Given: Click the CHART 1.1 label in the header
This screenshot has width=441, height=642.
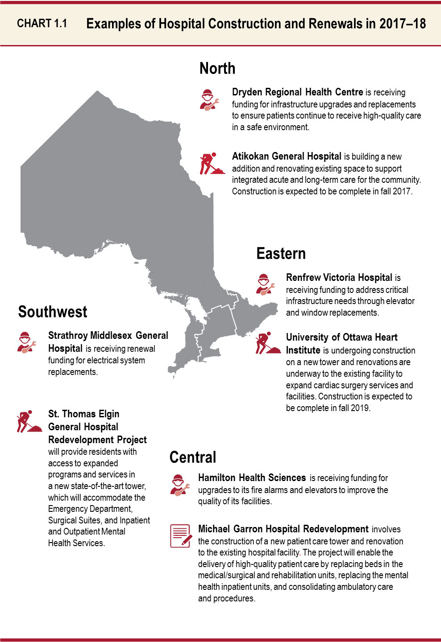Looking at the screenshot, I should [42, 24].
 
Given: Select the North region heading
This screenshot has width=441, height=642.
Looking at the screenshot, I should [217, 68].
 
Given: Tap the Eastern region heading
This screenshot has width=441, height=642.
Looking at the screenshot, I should [281, 254].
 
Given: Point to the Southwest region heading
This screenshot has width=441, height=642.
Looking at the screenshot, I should [53, 312].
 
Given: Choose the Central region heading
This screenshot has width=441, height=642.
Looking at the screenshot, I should [193, 457].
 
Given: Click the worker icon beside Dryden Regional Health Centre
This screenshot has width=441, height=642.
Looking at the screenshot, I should [208, 100].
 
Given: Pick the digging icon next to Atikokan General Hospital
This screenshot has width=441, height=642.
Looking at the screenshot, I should [211, 164].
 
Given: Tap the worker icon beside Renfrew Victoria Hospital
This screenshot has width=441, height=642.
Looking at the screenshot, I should [265, 284].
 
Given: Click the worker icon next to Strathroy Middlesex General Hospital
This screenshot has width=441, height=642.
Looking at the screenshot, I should [26, 342].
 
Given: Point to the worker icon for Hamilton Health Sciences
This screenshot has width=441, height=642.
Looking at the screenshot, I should [179, 485].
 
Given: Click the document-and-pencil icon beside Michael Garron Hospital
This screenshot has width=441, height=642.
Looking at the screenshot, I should [181, 536].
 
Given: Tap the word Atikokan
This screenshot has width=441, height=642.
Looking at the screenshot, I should [250, 156].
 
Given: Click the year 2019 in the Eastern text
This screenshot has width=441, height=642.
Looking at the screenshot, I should [360, 408].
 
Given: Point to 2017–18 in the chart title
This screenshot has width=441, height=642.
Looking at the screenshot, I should [402, 24].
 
